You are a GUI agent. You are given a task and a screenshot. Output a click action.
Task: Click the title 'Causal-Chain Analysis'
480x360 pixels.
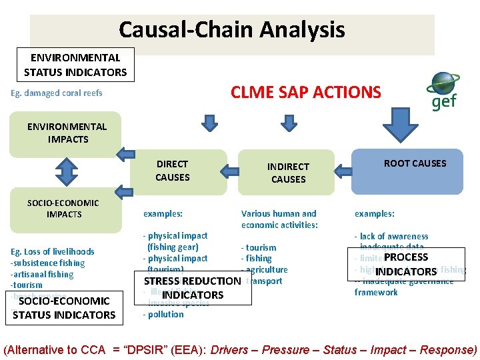pyautogui.click(x=231, y=30)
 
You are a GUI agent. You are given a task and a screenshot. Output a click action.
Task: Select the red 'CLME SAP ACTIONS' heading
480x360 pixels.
pyautogui.click(x=306, y=92)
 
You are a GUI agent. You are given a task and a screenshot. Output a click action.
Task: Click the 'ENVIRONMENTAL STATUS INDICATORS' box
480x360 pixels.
pyautogui.click(x=75, y=65)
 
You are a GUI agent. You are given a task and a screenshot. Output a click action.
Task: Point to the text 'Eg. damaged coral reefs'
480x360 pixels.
pyautogui.click(x=57, y=93)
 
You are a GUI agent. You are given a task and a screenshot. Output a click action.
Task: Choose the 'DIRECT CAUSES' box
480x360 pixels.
pyautogui.click(x=172, y=171)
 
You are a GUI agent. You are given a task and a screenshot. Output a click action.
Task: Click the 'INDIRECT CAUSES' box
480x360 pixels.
pyautogui.click(x=288, y=173)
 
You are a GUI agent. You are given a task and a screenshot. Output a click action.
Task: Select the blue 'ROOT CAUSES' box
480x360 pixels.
pyautogui.click(x=415, y=171)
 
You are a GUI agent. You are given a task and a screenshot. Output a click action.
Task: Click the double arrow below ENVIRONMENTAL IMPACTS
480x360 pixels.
pyautogui.click(x=62, y=171)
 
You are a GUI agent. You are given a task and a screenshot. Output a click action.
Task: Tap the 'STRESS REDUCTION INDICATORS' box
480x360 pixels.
pyautogui.click(x=193, y=288)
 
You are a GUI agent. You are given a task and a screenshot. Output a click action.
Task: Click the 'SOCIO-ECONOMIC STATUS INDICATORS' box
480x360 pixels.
pyautogui.click(x=64, y=308)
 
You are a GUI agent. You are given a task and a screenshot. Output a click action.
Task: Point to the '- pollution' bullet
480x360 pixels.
pyautogui.click(x=163, y=315)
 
